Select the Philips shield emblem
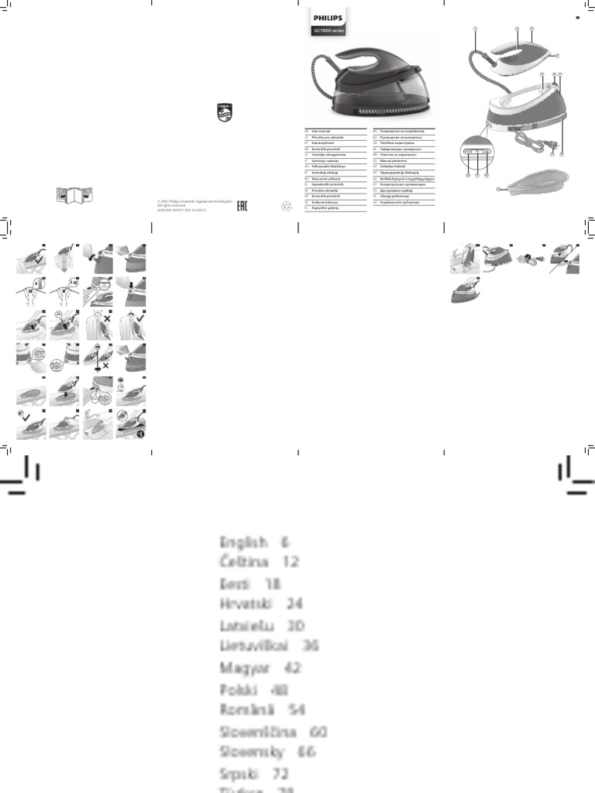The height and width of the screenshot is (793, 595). (224, 112)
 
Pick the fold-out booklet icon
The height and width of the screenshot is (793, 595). (74, 195)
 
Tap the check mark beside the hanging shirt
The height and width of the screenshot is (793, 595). (139, 318)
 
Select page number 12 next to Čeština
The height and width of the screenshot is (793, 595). (291, 561)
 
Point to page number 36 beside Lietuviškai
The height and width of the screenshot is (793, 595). (311, 645)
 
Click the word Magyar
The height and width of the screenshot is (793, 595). (245, 667)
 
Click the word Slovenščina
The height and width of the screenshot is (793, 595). (260, 730)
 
